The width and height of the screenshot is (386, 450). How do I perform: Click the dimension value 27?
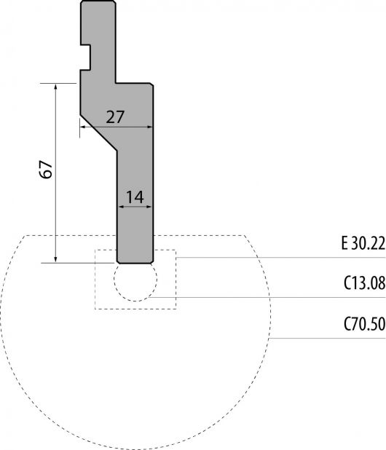(x=115, y=117)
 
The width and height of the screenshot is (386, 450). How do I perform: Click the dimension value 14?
(x=135, y=197)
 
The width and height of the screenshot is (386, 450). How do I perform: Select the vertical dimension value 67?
(x=47, y=170)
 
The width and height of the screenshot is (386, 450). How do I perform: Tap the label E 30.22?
(x=363, y=244)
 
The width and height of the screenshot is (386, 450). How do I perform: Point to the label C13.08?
(x=364, y=283)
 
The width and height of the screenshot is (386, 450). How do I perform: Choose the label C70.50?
(x=364, y=324)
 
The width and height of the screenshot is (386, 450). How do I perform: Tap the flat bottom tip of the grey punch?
(x=135, y=263)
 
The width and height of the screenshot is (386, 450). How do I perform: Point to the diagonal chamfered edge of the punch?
(x=98, y=133)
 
